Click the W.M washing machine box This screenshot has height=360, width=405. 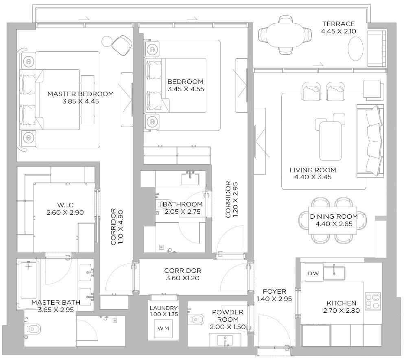click(x=163, y=328)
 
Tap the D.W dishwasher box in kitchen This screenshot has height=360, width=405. click(x=313, y=273)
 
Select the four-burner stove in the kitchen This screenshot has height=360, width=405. click(x=372, y=301)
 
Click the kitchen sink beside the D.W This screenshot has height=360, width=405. click(x=334, y=273)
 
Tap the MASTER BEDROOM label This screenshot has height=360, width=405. click(x=81, y=94)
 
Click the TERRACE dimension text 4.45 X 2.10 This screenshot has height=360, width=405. click(x=338, y=31)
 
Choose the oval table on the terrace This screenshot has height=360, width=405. click(x=355, y=49)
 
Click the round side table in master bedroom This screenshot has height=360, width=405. click(x=107, y=41)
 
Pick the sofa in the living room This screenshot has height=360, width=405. click(x=370, y=141)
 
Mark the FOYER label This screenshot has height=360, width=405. click(x=274, y=292)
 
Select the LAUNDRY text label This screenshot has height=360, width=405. click(x=163, y=308)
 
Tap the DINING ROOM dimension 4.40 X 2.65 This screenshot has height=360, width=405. click(x=333, y=224)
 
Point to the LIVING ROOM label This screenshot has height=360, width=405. click(x=313, y=170)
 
